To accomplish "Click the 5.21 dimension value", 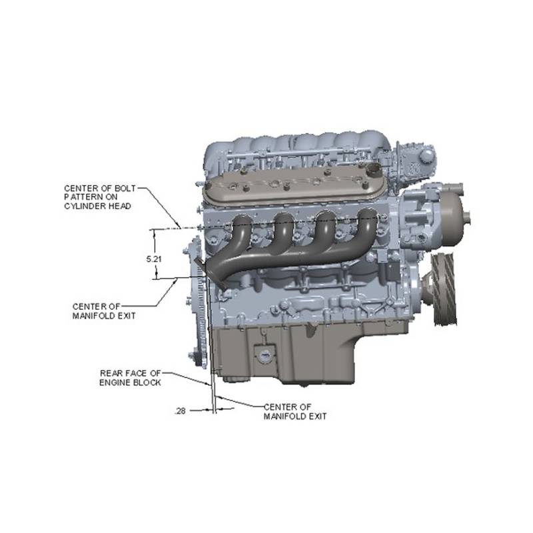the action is (x=154, y=259).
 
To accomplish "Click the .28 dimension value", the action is (x=180, y=411).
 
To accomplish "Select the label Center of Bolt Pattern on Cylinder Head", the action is (x=99, y=197).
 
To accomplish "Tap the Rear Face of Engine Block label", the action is (x=130, y=378).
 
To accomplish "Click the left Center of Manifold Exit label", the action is (x=104, y=311).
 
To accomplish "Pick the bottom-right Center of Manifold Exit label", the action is (x=295, y=412).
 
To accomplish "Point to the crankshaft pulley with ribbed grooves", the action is (x=444, y=289).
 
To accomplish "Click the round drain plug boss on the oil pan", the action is (x=264, y=356).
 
